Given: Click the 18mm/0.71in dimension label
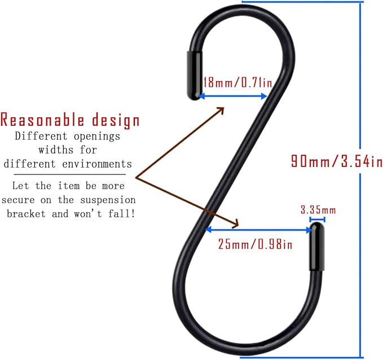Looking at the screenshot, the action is pos(237,82).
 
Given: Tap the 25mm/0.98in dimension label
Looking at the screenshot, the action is pos(255,244).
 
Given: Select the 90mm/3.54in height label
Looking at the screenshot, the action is pos(337,161).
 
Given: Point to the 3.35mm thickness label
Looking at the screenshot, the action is pos(318,210).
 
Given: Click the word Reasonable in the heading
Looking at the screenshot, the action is pos(42,120).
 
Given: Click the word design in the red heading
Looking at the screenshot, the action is pos(116,120).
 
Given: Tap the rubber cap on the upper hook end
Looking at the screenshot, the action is pos(195,75).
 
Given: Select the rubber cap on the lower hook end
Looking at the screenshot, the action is pos(317,247).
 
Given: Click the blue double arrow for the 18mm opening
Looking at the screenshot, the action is pos(233,96).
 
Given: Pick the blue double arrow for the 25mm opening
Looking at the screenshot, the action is pos(259,230).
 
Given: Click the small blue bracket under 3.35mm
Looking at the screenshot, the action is pos(317,219).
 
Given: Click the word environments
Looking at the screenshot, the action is pos(97,164).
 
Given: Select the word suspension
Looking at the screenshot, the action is pos(108,200).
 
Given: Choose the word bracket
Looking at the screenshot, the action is pos(26,214).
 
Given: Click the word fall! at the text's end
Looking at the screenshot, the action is pos(122,214).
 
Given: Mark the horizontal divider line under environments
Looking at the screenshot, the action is pos(69,174).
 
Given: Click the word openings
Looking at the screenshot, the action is pos(97,137).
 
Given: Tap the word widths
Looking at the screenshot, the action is pos(56,150).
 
